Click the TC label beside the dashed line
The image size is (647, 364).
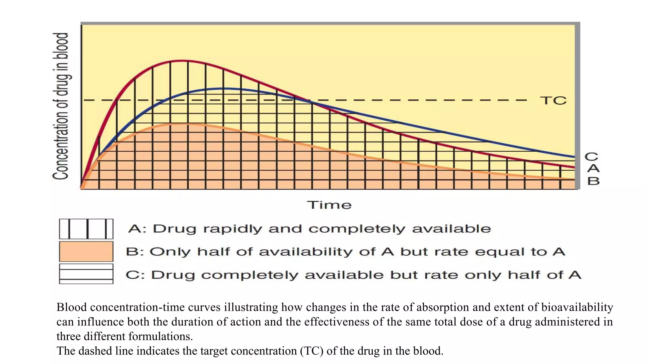pyautogui.click(x=553, y=100)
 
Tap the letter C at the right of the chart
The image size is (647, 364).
pyautogui.click(x=591, y=157)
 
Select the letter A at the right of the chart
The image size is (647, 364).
pyautogui.click(x=593, y=168)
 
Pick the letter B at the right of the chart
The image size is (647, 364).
pyautogui.click(x=593, y=181)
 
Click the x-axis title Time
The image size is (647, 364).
pyautogui.click(x=329, y=205)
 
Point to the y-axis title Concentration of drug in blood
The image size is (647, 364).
pyautogui.click(x=61, y=106)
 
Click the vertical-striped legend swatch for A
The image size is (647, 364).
pyautogui.click(x=86, y=229)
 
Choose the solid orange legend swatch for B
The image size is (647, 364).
pyautogui.click(x=86, y=252)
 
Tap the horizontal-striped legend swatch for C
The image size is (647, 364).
pyautogui.click(x=86, y=274)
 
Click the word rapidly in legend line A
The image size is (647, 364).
pyautogui.click(x=233, y=229)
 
